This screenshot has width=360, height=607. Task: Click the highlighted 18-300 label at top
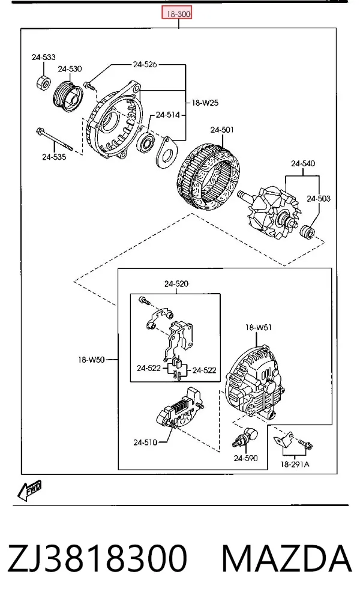pos(177,14)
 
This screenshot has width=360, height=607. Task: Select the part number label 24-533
pos(43,57)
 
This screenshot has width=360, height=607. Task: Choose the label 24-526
pos(145,64)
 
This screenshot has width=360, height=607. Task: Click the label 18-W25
pos(205,103)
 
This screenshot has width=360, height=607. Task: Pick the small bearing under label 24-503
pos(308,232)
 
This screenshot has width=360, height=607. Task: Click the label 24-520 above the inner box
pos(176,284)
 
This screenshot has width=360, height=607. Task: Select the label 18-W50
pos(91,360)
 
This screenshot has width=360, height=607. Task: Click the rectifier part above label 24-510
pos(181,409)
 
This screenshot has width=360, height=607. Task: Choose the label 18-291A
pos(295,464)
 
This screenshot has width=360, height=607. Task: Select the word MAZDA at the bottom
pos(287,558)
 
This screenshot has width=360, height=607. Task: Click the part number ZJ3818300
pos(97,558)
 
